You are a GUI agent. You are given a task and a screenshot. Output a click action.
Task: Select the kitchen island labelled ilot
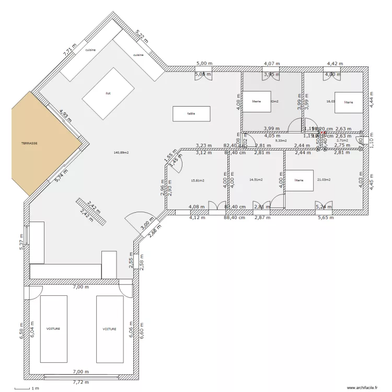pyautogui.click(x=108, y=93)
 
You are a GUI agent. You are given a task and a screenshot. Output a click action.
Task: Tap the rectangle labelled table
pyautogui.click(x=191, y=113)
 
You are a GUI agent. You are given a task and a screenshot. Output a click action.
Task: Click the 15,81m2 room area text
pyautogui.click(x=198, y=180)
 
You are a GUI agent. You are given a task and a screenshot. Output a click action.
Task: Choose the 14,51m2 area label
pyautogui.click(x=256, y=180)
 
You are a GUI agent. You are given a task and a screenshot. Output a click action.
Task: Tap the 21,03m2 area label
pyautogui.click(x=324, y=180)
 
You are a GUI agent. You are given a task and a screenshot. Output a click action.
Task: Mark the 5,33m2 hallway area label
pyautogui.click(x=281, y=141)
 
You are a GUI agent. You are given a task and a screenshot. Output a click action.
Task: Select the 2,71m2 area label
pyautogui.click(x=342, y=141)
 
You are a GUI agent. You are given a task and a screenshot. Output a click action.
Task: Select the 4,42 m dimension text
pyautogui.click(x=335, y=64)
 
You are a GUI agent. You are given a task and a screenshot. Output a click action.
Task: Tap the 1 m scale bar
pyautogui.click(x=27, y=388)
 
